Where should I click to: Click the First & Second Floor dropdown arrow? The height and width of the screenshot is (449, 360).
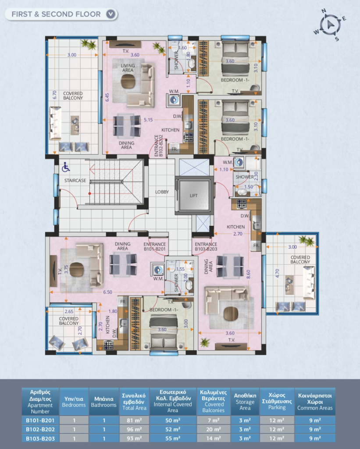click(x=111, y=14)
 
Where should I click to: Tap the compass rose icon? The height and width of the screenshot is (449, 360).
click(x=330, y=25)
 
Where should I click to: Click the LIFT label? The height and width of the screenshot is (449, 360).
click(x=194, y=196)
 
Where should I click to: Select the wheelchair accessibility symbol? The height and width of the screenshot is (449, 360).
click(x=66, y=167)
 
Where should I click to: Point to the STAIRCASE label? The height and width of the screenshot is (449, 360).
click(x=75, y=180)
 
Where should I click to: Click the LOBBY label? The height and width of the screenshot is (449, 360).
click(x=162, y=192)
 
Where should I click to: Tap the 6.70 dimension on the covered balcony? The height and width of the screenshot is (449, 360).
click(x=54, y=95)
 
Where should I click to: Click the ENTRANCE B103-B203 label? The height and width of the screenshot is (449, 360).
click(x=206, y=246)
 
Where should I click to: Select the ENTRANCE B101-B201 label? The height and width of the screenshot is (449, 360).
click(x=155, y=246)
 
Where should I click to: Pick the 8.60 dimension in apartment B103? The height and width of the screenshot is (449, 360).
click(x=248, y=274)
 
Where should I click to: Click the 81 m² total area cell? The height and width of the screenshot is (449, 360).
click(x=134, y=420)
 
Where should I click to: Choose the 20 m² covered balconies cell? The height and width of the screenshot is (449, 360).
click(x=214, y=429)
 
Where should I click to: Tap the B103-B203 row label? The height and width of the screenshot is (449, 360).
click(x=40, y=438)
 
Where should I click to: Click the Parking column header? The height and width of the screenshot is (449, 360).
click(x=277, y=401)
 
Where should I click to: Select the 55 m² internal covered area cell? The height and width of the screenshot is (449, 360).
click(x=173, y=438)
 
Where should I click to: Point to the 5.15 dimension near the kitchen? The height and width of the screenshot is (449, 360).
click(x=148, y=120)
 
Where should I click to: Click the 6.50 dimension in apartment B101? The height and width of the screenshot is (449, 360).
click(x=108, y=292)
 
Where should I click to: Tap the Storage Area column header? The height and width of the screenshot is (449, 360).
click(x=245, y=401)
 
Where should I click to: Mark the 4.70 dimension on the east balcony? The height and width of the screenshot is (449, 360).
click(x=277, y=274)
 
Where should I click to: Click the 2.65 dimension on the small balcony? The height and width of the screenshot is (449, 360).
click(x=69, y=312)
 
